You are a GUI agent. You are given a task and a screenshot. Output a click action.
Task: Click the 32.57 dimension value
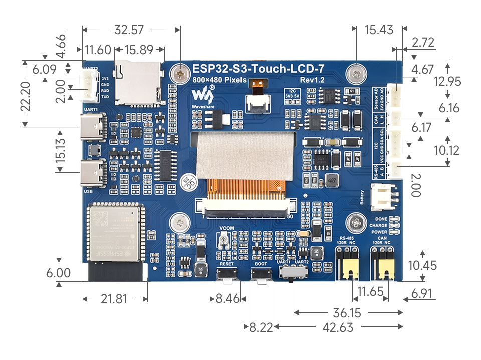coord(130,30)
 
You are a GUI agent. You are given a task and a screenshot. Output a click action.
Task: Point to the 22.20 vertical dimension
coord(28,96)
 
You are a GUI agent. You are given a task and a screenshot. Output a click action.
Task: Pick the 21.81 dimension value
coord(114,299)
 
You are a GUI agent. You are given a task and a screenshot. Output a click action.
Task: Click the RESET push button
coord(227,274)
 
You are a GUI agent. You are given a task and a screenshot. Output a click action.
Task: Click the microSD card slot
coord(139,83)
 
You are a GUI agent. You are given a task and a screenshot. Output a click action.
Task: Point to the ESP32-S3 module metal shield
coord(113,233)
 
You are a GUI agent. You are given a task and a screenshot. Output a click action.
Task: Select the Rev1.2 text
coord(313,80)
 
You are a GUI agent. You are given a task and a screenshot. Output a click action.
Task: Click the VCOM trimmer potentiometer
coord(225,242)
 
